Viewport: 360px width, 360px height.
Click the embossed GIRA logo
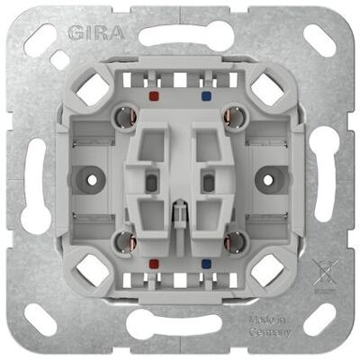[x=96, y=32]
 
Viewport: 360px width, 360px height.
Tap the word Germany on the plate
[x=270, y=332]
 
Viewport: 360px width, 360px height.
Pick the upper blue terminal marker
[x=206, y=96]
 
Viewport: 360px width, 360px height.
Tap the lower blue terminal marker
[x=206, y=264]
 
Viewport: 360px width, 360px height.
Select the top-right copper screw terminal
[x=234, y=116]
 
